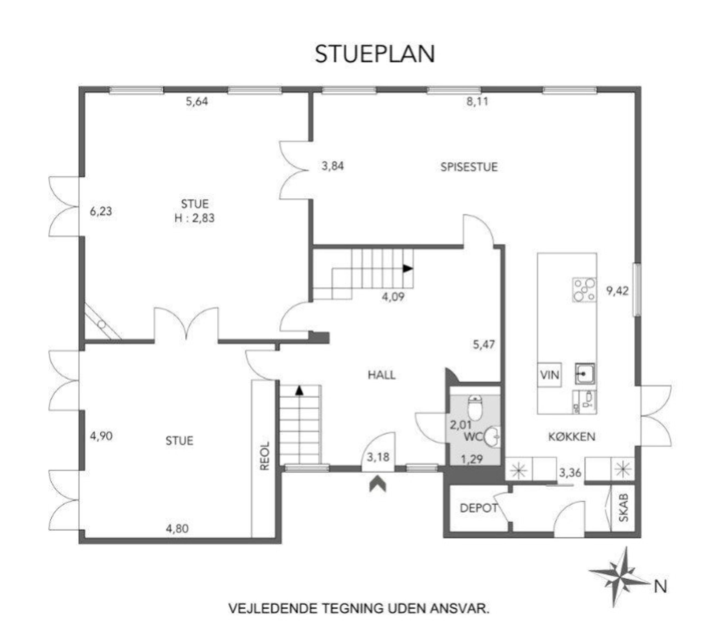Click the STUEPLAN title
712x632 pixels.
[375, 54]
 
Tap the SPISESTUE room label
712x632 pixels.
[469, 167]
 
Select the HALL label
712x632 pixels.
[382, 375]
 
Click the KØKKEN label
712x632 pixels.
[572, 437]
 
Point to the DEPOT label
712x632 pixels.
[479, 508]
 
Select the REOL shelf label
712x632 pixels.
[265, 456]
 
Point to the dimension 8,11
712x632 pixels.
[477, 102]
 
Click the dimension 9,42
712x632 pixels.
[617, 291]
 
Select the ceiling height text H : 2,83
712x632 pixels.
[194, 218]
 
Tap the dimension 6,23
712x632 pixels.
[101, 211]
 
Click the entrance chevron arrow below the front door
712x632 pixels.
[378, 485]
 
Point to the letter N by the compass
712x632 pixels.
[660, 587]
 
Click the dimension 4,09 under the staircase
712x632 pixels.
[393, 297]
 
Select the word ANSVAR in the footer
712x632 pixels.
[460, 609]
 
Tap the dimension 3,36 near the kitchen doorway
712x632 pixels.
[570, 473]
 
